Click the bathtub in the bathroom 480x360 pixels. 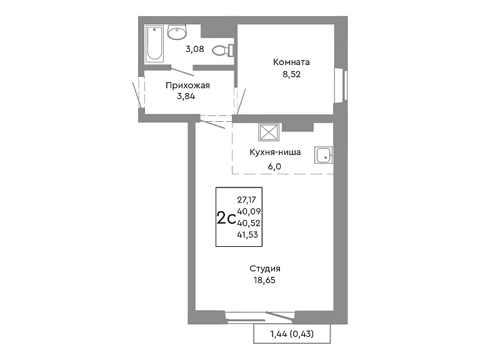click(154, 44)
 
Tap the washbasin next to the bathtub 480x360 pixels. click(177, 32)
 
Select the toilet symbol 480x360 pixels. click(223, 50)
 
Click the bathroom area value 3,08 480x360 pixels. click(195, 49)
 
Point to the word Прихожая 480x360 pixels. click(187, 86)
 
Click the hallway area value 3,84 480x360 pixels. click(186, 97)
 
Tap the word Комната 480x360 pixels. click(291, 62)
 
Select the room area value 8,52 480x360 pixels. click(292, 74)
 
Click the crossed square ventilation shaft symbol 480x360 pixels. click(269, 132)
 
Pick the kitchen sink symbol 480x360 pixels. click(324, 155)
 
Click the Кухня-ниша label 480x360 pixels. click(275, 152)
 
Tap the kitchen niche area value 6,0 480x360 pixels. click(274, 166)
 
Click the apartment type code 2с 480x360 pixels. click(226, 219)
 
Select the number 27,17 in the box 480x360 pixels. click(247, 200)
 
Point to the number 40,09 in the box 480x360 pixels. click(249, 211)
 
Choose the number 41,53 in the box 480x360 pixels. click(247, 235)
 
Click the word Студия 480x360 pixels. click(265, 269)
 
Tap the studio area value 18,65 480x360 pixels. click(265, 281)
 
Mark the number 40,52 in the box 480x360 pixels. click(249, 223)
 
